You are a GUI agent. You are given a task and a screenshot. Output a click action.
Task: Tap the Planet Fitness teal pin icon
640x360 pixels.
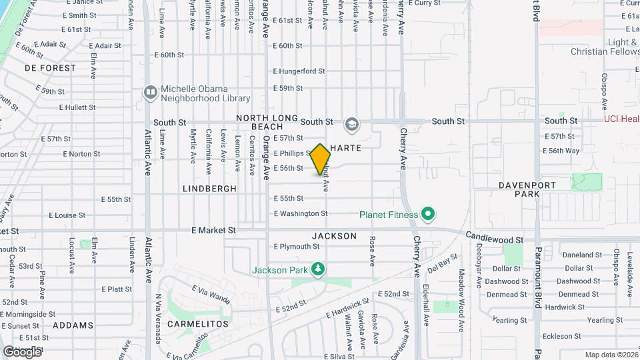(428, 215)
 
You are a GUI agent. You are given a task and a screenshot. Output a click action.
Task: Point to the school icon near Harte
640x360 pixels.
(351, 125)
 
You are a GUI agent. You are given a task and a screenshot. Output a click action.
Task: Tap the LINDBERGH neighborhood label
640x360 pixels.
(210, 189)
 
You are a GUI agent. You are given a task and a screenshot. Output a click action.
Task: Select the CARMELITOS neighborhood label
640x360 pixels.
(197, 324)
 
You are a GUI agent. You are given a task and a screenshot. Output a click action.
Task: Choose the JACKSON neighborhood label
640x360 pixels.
(334, 236)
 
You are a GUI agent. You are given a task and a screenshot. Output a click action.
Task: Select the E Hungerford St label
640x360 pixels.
(299, 71)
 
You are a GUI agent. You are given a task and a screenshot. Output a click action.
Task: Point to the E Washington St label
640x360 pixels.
(301, 214)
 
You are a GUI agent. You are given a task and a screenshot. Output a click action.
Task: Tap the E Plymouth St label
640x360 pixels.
(297, 247)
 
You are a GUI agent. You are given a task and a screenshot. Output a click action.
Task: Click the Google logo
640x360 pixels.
(22, 351)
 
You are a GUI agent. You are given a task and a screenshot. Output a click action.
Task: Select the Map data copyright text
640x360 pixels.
(610, 355)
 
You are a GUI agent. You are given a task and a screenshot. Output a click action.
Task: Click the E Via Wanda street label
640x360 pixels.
(211, 294)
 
